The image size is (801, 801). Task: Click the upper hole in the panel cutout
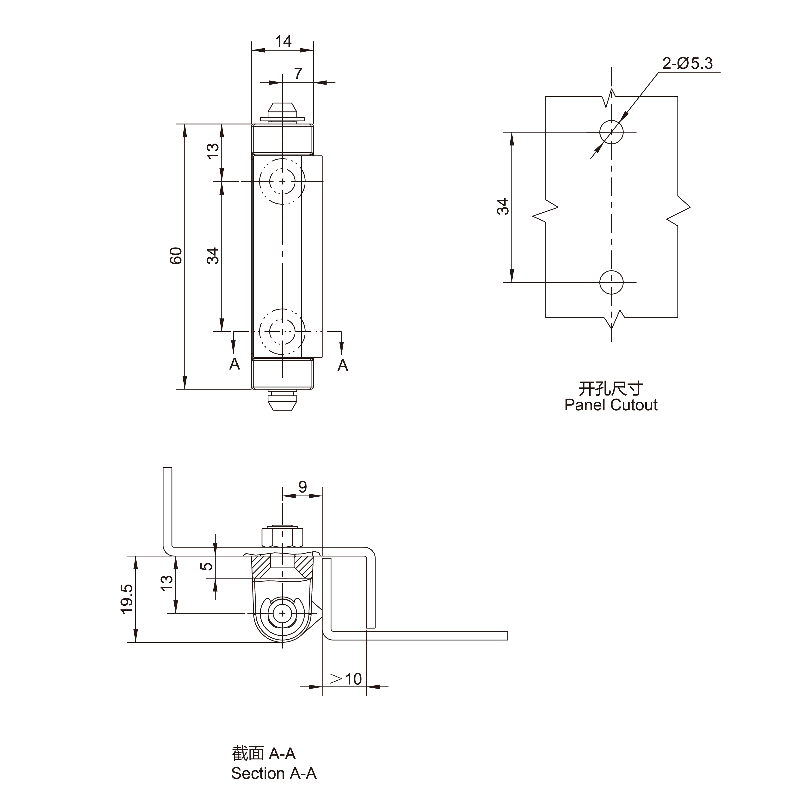611,132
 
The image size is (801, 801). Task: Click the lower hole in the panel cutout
611,282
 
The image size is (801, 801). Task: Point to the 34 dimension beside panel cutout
503,206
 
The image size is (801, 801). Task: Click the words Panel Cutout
611,405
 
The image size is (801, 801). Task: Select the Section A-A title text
274,773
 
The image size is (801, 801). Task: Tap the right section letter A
342,365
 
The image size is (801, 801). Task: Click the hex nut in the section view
282,537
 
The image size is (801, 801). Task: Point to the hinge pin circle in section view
282,613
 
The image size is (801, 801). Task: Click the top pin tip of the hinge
282,111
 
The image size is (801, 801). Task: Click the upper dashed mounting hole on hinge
282,181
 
